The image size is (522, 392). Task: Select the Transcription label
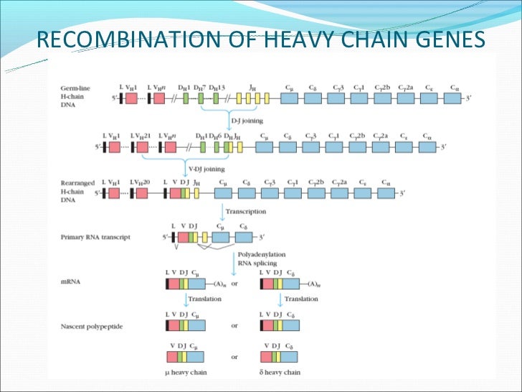[245, 212]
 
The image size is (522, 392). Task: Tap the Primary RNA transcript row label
[88, 237]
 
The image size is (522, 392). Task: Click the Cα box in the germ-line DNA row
[455, 99]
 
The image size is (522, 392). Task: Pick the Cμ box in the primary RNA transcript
[221, 237]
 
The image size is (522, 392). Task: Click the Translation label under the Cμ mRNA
[204, 299]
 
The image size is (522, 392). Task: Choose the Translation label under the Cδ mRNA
[302, 299]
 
